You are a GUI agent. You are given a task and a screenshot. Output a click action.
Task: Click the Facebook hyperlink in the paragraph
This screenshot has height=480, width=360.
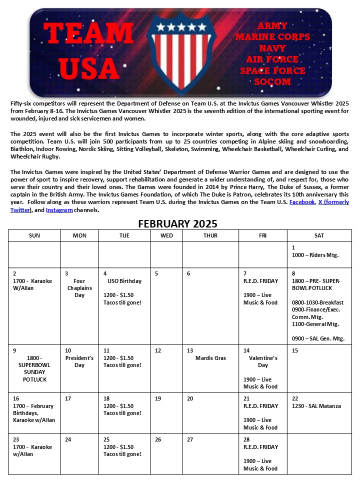pos(302,202)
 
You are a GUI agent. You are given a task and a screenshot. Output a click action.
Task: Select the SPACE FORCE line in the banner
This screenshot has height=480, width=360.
pos(272,70)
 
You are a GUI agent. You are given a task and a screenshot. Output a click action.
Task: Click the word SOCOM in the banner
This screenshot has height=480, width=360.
pos(272,81)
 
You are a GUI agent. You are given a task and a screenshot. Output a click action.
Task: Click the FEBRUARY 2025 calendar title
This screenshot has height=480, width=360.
pos(178,223)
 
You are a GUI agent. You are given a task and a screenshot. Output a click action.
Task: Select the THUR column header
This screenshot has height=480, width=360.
pos(210,235)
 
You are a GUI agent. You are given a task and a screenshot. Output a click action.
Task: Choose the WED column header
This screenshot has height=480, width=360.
pos(166,235)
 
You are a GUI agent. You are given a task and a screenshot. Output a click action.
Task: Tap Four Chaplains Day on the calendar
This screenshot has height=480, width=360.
pos(79,288)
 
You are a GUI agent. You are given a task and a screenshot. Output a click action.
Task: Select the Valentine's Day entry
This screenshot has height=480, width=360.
pos(263,361)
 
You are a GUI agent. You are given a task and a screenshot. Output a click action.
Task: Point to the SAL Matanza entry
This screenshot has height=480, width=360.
pos(316,406)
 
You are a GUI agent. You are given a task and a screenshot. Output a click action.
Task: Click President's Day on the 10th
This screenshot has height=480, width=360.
pos(79,361)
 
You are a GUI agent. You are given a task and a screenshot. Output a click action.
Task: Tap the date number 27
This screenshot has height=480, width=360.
pos(190,439)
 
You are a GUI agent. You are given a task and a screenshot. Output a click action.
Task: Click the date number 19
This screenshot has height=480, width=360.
pos(158,398)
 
